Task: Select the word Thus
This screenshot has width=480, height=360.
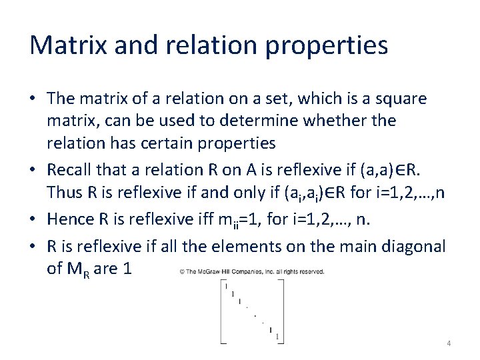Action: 65,192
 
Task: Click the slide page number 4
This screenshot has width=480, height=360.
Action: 449,343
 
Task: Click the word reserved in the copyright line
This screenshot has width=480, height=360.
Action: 311,271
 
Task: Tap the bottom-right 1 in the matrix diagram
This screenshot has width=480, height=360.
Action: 277,336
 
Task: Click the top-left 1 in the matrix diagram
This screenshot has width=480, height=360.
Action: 226,286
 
